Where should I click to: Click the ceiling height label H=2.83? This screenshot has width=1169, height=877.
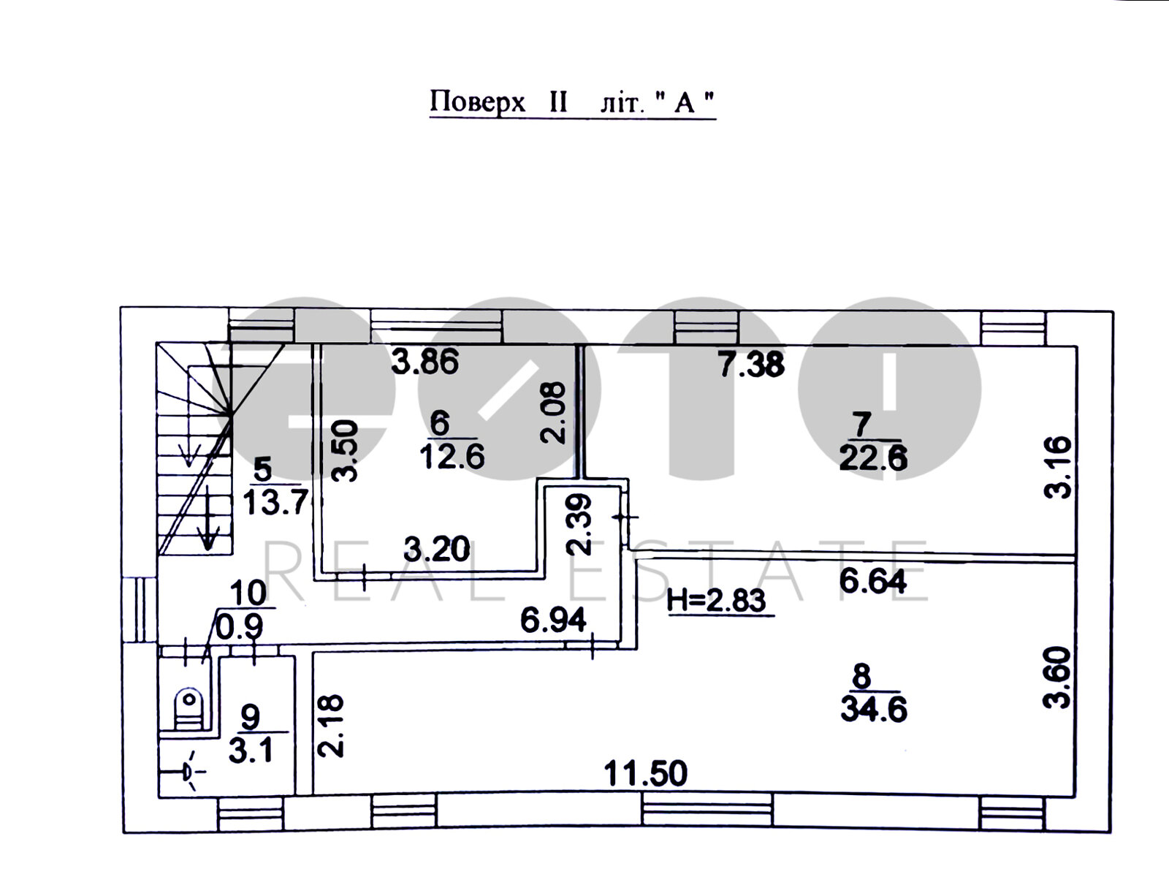click(x=716, y=601)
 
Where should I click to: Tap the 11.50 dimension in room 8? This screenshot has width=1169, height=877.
click(x=645, y=774)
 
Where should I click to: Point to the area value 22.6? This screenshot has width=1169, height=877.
click(x=873, y=458)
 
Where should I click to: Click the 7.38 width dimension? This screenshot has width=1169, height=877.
click(x=752, y=364)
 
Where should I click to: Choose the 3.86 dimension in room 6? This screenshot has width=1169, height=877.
click(x=424, y=361)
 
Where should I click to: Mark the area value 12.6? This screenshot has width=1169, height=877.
click(x=452, y=457)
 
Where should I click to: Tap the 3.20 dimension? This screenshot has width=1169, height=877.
click(x=437, y=549)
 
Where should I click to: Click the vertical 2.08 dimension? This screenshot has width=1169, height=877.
click(x=553, y=413)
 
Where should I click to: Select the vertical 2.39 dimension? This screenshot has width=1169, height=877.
click(x=579, y=525)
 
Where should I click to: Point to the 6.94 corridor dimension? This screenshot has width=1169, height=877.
click(x=553, y=620)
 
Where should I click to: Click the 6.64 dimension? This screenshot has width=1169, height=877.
click(x=872, y=582)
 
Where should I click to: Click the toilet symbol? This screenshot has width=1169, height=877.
click(x=189, y=708)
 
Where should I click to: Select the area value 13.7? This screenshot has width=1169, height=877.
click(x=275, y=502)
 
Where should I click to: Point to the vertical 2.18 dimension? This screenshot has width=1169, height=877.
click(x=331, y=726)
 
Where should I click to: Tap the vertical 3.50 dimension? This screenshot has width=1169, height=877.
click(x=344, y=450)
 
